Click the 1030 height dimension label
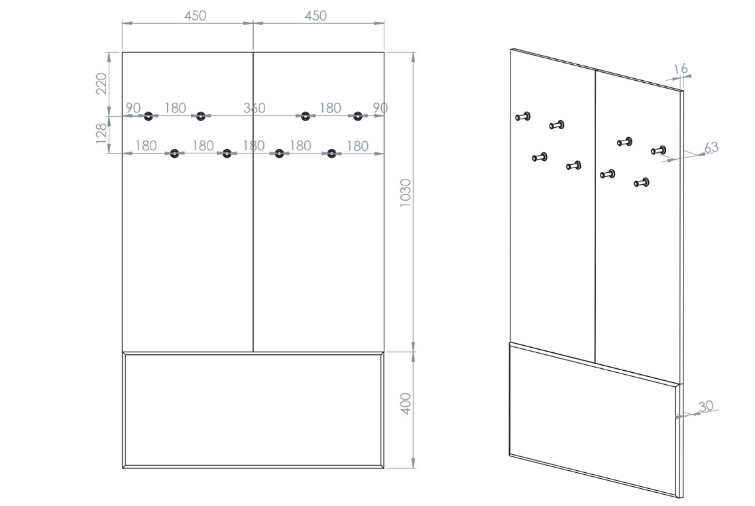406,193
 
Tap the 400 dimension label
406,403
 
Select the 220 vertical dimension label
101,83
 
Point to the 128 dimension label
101,133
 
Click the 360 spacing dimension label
255,108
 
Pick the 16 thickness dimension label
681,70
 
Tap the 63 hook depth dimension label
711,147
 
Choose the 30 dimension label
706,407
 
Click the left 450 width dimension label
195,16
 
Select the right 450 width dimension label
316,16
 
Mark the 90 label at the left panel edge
133,108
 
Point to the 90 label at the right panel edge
380,108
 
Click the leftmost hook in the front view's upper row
148,116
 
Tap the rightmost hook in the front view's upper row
357,116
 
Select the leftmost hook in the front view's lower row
174,154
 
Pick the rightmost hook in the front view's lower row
331,154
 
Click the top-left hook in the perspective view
523,117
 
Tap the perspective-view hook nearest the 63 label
659,150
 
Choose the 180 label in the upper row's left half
175,108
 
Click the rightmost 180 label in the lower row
358,146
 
